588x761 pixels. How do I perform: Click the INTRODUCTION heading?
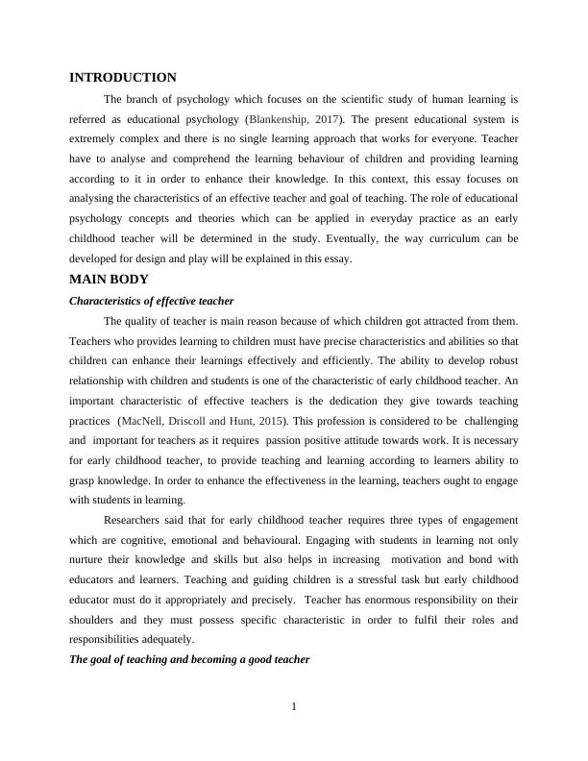(x=123, y=78)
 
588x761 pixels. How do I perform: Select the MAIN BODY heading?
(x=109, y=280)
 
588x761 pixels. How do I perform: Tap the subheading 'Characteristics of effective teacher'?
(x=152, y=301)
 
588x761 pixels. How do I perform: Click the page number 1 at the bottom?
(x=294, y=708)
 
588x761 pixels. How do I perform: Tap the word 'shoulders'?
(x=95, y=620)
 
